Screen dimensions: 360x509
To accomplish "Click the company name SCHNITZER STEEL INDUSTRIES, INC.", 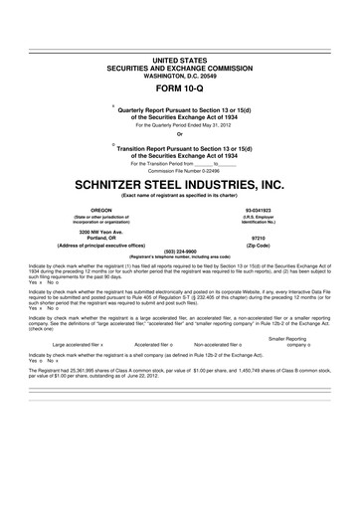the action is click(x=179, y=186).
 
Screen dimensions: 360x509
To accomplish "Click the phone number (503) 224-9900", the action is click(x=179, y=252).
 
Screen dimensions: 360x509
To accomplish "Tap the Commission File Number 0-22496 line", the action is click(x=179, y=170).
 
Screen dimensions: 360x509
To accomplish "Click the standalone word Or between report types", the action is click(x=179, y=136).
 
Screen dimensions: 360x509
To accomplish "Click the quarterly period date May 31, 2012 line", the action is click(x=179, y=125).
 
